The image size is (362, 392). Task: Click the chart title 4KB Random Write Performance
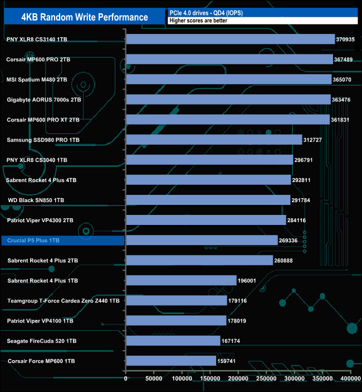click(85, 17)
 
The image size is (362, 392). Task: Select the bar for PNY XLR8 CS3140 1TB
click(231, 39)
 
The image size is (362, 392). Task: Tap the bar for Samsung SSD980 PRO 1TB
click(214, 139)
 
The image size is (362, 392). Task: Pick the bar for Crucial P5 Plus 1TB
click(202, 240)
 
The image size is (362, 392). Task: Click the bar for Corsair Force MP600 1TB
click(171, 360)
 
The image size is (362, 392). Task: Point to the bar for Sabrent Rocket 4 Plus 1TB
click(181, 280)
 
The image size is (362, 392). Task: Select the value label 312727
click(315, 140)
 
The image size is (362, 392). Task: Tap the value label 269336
click(290, 240)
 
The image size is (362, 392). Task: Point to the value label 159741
click(229, 361)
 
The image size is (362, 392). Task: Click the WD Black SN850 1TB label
click(36, 200)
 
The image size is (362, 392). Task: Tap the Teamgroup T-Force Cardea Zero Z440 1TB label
click(63, 301)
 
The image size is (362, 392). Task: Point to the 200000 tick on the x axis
click(238, 379)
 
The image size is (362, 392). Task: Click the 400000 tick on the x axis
click(349, 379)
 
